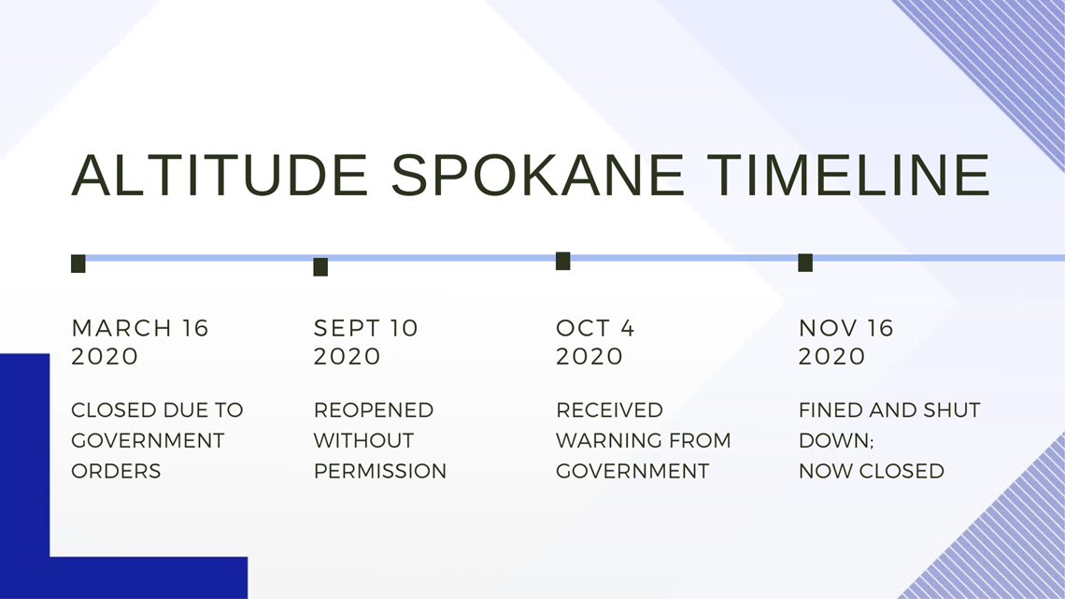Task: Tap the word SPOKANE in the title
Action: pos(537,176)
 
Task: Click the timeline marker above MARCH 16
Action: pos(78,264)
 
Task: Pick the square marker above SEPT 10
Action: pos(320,267)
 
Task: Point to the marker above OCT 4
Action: pos(563,261)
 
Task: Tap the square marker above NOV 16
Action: pos(805,263)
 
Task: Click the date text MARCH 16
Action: pos(140,328)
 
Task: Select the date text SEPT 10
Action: pos(365,328)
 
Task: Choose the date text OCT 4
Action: pos(595,328)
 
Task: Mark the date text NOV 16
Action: pos(845,328)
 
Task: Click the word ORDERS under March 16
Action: pos(116,471)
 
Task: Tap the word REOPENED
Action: pos(374,410)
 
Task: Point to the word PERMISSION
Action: pos(379,471)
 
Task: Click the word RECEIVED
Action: pos(609,410)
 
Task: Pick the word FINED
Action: pos(829,410)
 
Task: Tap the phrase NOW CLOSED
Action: pos(872,471)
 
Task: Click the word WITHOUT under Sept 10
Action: pos(363,440)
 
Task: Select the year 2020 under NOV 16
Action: pos(831,357)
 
